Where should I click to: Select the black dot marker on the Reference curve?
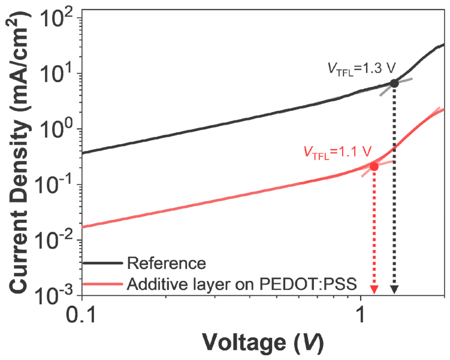394,83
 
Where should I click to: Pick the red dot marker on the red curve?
374,166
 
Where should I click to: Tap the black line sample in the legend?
103,262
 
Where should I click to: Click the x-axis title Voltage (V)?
263,343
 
